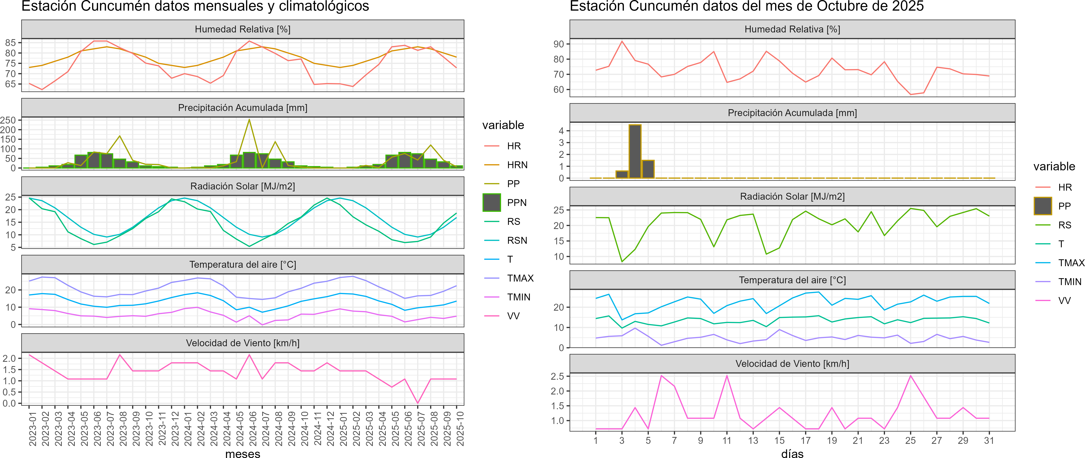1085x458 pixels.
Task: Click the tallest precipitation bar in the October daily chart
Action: coord(635,151)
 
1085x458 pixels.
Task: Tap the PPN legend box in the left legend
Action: coord(492,202)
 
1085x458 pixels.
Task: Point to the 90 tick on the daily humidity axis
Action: coord(558,44)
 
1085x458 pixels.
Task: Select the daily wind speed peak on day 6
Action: coord(661,376)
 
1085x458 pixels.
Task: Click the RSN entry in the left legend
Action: coord(517,240)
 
